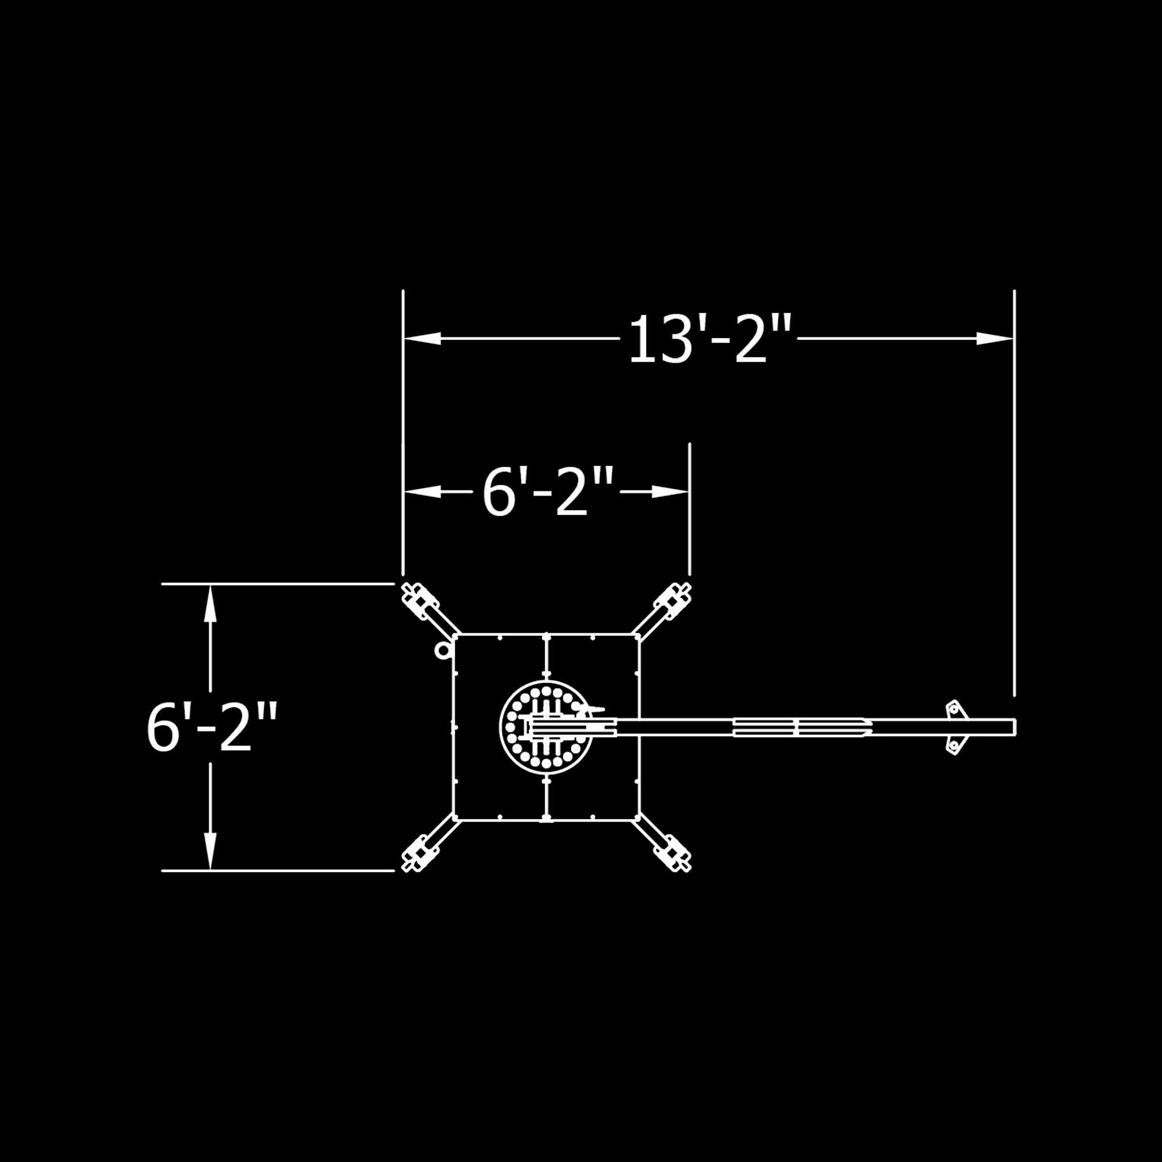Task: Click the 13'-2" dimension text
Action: (708, 340)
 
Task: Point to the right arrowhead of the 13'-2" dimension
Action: (995, 339)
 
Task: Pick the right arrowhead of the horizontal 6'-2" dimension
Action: (670, 493)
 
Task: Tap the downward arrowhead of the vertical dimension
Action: (210, 851)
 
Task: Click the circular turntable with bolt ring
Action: (546, 727)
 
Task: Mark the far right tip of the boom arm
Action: (1014, 727)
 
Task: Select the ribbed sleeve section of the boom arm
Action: (800, 727)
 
